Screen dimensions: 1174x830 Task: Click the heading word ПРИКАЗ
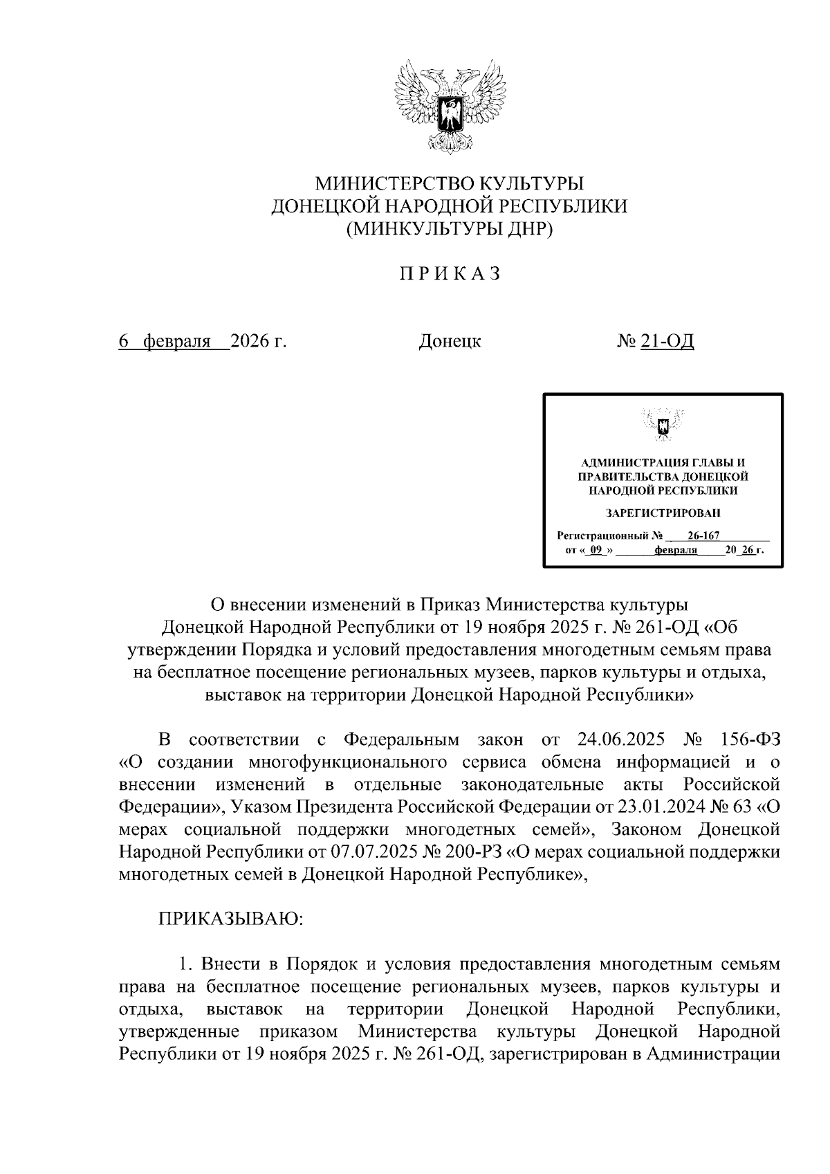(449, 274)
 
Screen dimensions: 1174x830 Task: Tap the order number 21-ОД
(667, 341)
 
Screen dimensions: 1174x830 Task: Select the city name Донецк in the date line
(450, 341)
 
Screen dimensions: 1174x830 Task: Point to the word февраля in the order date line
(176, 341)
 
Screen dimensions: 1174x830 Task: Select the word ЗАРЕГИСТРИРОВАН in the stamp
(663, 513)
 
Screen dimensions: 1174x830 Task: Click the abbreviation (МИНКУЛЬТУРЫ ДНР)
(450, 228)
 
